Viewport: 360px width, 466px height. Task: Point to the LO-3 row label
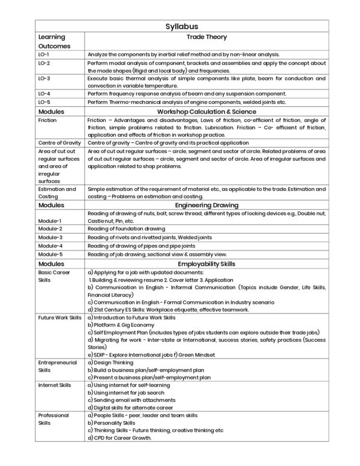pyautogui.click(x=44, y=78)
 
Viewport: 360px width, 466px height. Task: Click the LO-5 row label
pyautogui.click(x=44, y=102)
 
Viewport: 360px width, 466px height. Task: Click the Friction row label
pyautogui.click(x=47, y=120)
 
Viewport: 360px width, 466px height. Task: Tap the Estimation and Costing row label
pyautogui.click(x=56, y=193)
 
